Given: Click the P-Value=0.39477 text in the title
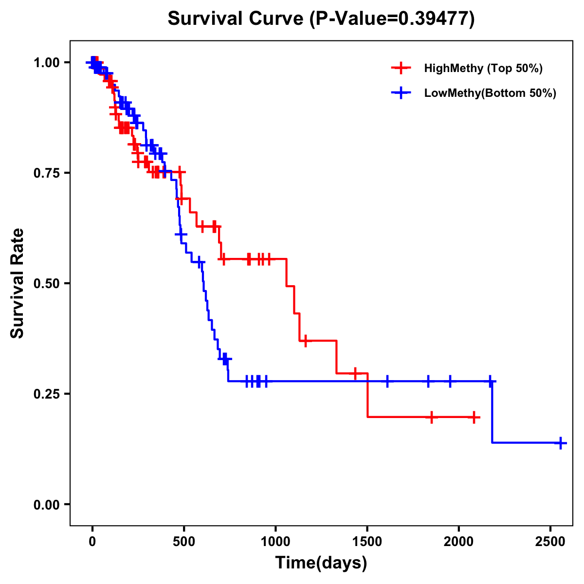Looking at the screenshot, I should [392, 18].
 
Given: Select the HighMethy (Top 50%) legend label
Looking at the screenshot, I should [483, 68].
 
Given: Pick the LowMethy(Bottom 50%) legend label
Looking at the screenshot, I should [490, 93].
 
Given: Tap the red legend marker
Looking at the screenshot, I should [401, 68].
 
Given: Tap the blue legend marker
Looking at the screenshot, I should [401, 93].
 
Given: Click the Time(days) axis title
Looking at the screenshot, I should [321, 563].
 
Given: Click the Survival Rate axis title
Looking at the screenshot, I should [18, 283].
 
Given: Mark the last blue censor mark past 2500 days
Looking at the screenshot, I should [561, 443].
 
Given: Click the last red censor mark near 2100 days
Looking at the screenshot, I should [474, 417].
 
